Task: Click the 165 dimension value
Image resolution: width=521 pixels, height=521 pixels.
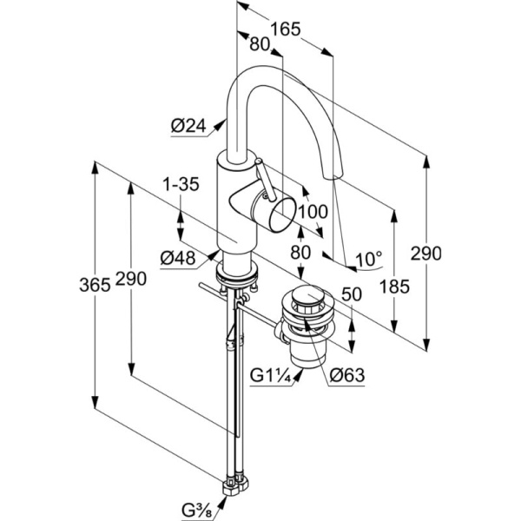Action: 285,29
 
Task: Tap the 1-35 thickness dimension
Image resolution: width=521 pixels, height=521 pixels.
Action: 180,185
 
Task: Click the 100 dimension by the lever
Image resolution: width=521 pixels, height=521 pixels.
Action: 311,211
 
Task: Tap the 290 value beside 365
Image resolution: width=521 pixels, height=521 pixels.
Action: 129,279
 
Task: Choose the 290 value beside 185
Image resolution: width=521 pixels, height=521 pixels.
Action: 426,254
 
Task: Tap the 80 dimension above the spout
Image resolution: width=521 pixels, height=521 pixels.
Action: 260,43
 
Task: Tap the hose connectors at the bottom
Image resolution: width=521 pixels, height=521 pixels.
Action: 234,479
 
